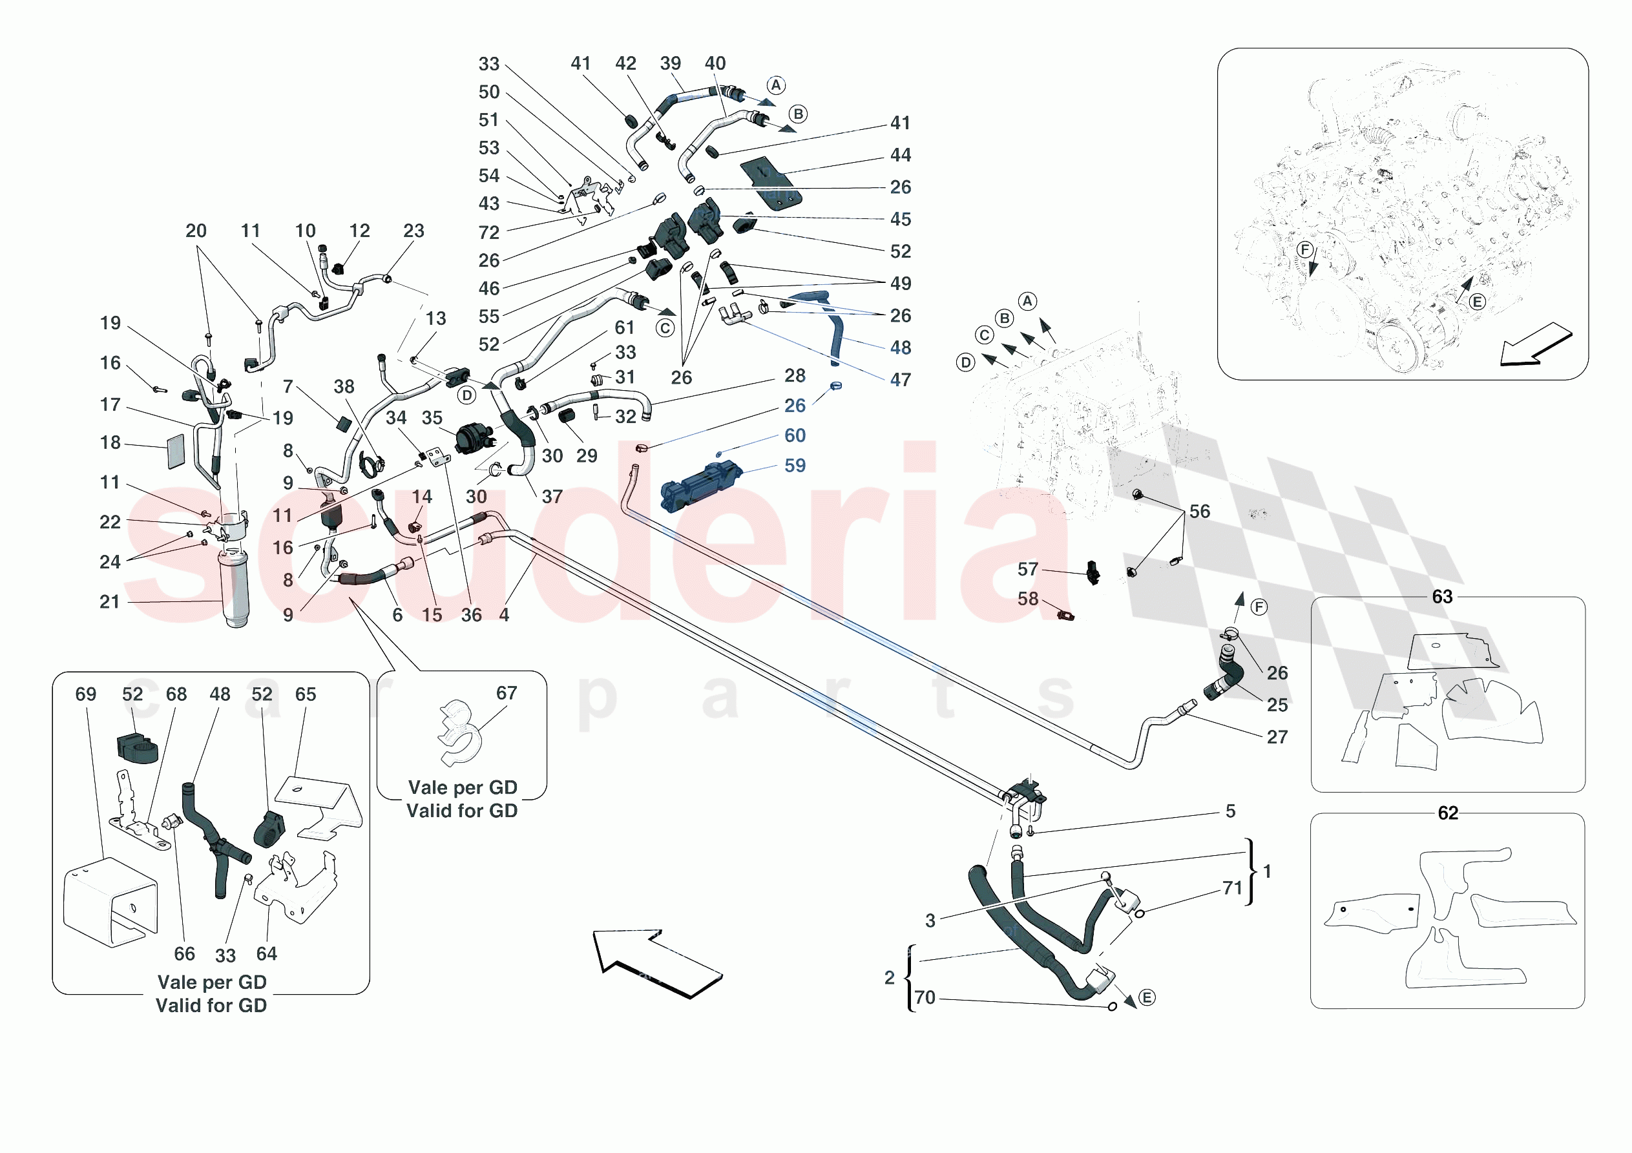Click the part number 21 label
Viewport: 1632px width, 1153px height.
[109, 601]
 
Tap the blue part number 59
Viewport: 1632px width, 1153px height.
[795, 466]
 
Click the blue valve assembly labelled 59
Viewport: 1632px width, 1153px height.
[700, 486]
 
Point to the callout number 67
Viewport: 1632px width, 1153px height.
[506, 692]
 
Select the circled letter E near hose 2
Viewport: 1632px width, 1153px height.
[1147, 997]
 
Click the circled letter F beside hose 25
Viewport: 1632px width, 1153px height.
[1259, 607]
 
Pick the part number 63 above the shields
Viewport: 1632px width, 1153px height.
[1442, 596]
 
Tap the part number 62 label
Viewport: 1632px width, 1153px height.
[1448, 813]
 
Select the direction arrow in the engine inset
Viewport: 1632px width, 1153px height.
[1535, 345]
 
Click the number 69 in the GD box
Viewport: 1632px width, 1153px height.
[86, 694]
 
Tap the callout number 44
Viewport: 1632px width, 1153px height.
[901, 155]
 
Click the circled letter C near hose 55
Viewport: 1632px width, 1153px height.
[665, 327]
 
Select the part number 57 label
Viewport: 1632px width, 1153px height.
[1027, 568]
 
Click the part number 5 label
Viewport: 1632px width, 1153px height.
[1230, 811]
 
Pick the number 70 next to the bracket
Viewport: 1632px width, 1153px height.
[925, 997]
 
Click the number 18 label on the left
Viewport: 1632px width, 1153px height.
[110, 442]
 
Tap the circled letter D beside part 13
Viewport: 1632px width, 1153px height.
[466, 395]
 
